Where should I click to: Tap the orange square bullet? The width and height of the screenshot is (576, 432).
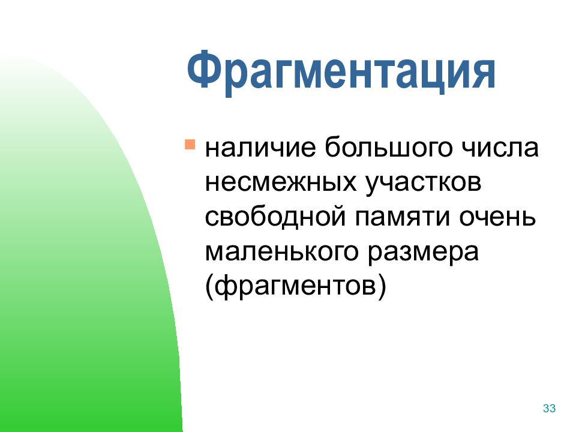click(x=190, y=144)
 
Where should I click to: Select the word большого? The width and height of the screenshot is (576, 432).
click(x=388, y=148)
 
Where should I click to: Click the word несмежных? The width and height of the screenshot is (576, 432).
click(x=281, y=182)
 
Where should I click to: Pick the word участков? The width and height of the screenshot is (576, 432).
click(x=423, y=183)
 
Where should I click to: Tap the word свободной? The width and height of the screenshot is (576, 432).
click(x=275, y=217)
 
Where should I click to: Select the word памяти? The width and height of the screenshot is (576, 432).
click(x=402, y=217)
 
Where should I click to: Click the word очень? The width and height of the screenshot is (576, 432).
click(x=497, y=217)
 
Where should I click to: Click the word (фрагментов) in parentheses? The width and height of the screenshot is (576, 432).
click(x=296, y=286)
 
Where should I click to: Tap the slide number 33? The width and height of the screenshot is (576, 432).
click(x=549, y=409)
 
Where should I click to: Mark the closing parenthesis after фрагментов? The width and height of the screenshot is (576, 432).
click(x=382, y=287)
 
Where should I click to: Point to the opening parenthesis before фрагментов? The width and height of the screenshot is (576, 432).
click(x=210, y=287)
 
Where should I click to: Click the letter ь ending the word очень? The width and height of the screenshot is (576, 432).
click(x=528, y=217)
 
